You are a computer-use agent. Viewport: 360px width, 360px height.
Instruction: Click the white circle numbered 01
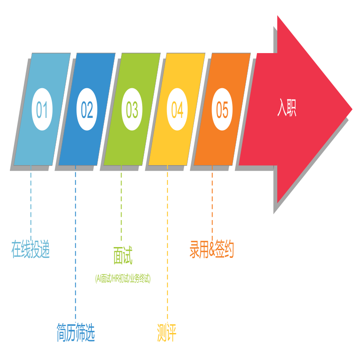(x=42, y=109)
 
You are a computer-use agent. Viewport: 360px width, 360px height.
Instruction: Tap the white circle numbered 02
(x=87, y=109)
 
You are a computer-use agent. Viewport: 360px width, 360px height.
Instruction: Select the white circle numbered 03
(x=132, y=109)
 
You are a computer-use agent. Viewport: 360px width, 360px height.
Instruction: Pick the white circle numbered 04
(x=177, y=109)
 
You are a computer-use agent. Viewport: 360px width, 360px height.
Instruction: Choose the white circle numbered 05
(x=222, y=109)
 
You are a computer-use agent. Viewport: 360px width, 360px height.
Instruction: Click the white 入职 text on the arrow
(x=287, y=108)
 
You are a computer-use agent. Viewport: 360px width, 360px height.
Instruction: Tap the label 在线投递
(x=31, y=249)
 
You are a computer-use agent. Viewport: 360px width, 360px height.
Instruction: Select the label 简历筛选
(x=76, y=333)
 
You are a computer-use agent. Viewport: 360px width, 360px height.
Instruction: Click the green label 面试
(x=123, y=255)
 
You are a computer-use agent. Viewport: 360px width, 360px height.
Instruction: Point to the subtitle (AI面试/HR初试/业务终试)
(x=123, y=279)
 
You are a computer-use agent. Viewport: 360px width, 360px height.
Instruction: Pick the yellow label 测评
(x=166, y=333)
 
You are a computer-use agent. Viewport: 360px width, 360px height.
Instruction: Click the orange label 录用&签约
(x=211, y=249)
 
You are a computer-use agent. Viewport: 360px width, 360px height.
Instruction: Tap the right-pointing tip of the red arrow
(x=352, y=109)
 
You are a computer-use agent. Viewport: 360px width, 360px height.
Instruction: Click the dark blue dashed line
(x=76, y=244)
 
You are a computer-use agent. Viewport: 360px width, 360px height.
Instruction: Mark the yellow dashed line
(x=167, y=244)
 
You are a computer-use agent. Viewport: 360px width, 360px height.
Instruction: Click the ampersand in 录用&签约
(x=211, y=250)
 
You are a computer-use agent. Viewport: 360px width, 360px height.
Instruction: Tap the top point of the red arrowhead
(x=278, y=16)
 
